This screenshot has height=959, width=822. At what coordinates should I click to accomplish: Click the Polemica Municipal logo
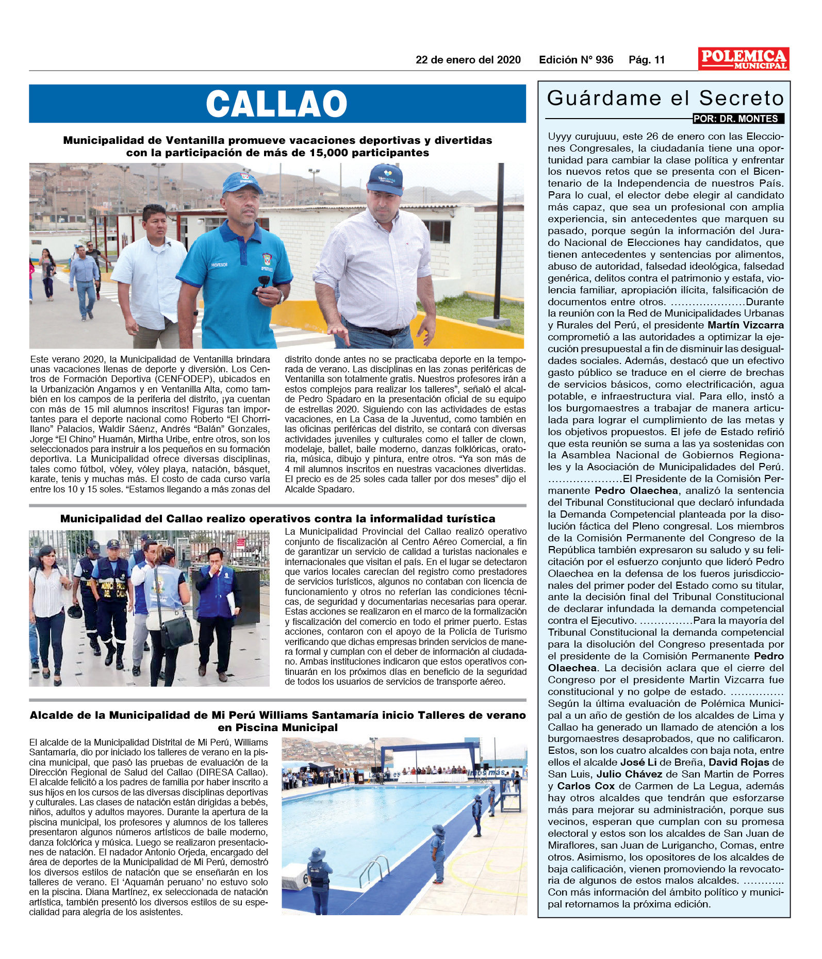743,59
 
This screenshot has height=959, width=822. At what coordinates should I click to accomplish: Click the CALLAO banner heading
277,104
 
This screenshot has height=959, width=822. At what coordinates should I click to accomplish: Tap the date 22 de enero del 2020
468,60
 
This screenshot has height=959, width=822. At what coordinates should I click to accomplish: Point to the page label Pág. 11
647,60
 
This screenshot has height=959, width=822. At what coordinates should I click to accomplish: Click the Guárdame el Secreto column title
665,98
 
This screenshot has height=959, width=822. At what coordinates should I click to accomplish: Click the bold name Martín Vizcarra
745,325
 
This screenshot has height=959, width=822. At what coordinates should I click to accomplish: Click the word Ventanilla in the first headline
195,140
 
